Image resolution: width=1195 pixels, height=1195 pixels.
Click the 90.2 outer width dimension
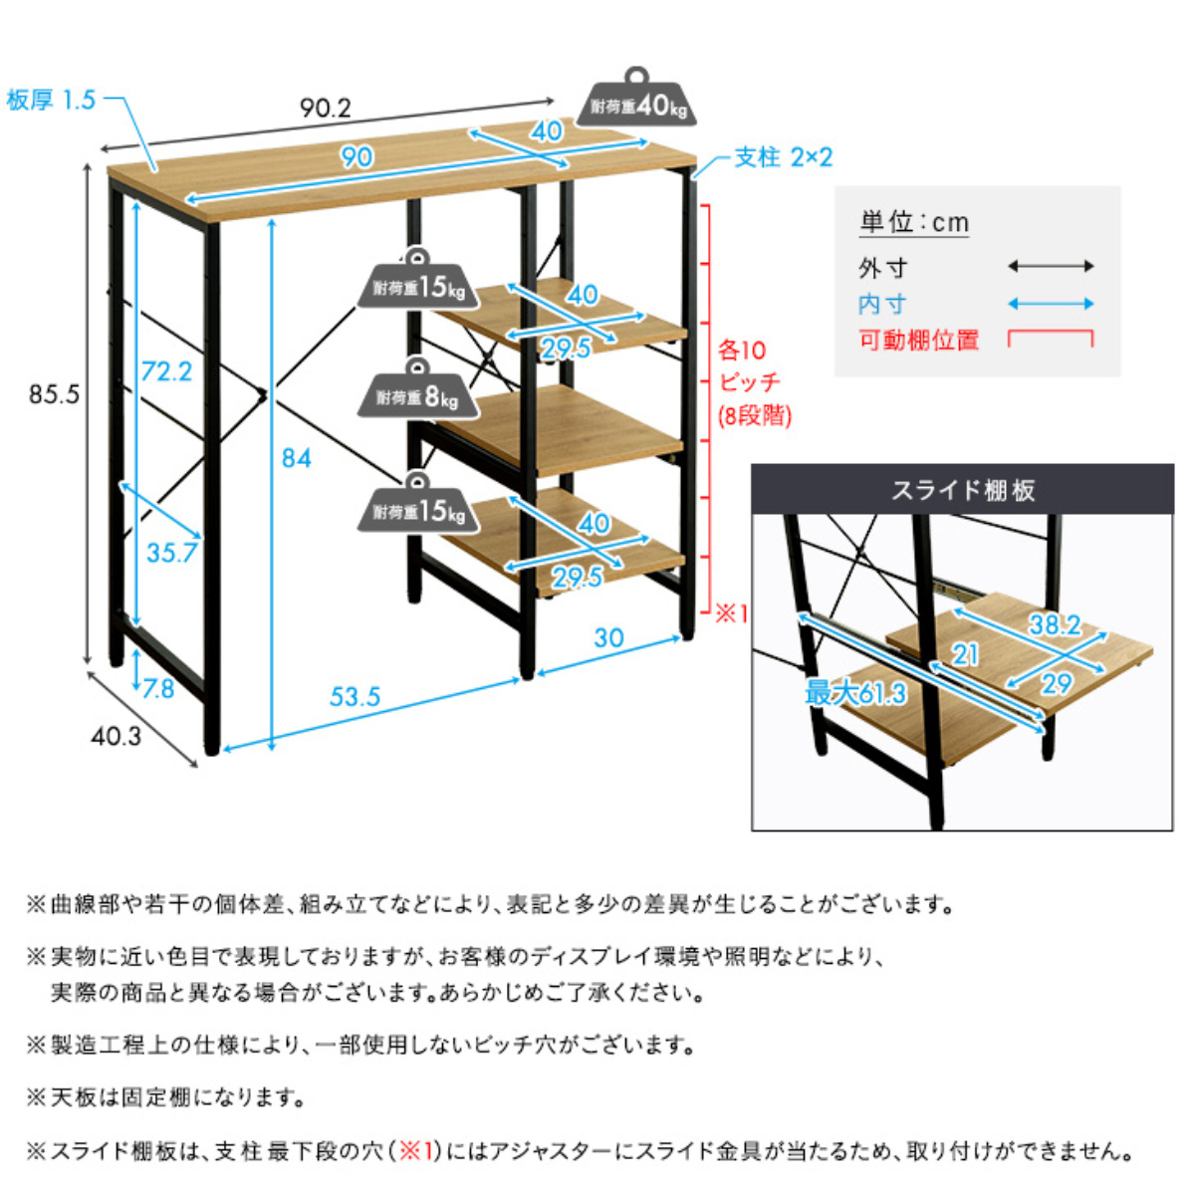coord(326,108)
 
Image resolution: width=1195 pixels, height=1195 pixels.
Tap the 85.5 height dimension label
coord(54,394)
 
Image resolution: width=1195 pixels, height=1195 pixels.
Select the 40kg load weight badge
coord(637,104)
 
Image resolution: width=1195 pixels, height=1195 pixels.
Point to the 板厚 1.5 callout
coord(51,100)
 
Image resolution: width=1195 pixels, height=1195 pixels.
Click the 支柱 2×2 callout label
coord(783,157)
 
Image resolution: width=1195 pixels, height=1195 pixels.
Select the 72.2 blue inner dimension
coord(165,371)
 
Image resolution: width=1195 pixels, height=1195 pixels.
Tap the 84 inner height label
coord(296,458)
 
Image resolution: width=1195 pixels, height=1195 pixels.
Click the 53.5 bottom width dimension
coord(355,696)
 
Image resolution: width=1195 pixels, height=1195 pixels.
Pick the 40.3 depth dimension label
coord(117,736)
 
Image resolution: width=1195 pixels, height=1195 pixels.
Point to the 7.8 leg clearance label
coord(157,689)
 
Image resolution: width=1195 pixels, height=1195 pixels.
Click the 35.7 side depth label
coord(171,553)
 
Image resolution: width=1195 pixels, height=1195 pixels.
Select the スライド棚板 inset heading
coord(962,490)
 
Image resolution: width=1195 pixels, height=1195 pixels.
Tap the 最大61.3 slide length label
coord(855,693)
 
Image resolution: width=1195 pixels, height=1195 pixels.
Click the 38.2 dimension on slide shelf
coord(1054,624)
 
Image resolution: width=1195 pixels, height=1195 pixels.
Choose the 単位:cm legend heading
coord(914,222)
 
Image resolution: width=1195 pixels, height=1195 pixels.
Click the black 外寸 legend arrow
coord(1051,266)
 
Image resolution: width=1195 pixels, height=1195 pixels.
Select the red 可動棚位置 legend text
coord(919,340)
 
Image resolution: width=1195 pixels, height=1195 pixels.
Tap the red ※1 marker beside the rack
coord(732,613)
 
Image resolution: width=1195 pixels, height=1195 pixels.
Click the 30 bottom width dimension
coord(608,637)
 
